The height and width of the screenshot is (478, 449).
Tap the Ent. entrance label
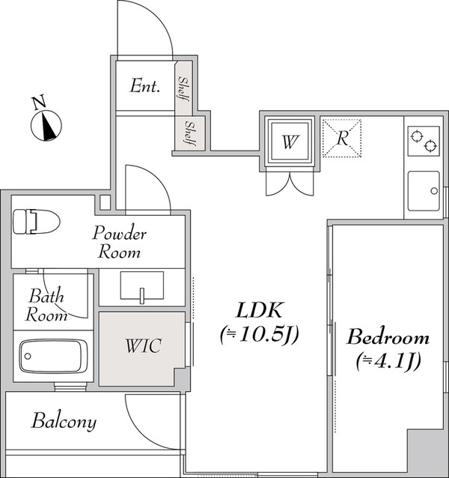145,86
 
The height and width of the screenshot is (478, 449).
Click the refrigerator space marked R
343,139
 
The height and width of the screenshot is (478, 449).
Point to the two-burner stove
423,140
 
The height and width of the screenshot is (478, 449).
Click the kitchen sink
423,192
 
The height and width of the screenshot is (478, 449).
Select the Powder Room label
119,242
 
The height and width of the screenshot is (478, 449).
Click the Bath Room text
46,306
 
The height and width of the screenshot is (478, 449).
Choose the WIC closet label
142,347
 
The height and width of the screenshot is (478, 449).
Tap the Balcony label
64,422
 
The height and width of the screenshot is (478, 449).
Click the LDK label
260,310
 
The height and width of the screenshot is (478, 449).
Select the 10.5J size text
260,336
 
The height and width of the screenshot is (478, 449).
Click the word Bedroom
388,336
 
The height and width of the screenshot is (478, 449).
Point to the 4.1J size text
388,361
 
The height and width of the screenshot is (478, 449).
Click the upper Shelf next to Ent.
183,88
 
